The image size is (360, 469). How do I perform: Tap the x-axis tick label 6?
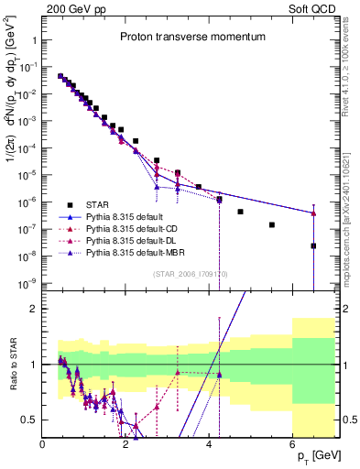tap(292, 444)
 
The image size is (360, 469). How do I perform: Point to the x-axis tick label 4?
tap(209, 444)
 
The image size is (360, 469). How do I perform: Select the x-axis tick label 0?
tap(43, 444)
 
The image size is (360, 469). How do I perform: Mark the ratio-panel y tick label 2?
tap(34, 309)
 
